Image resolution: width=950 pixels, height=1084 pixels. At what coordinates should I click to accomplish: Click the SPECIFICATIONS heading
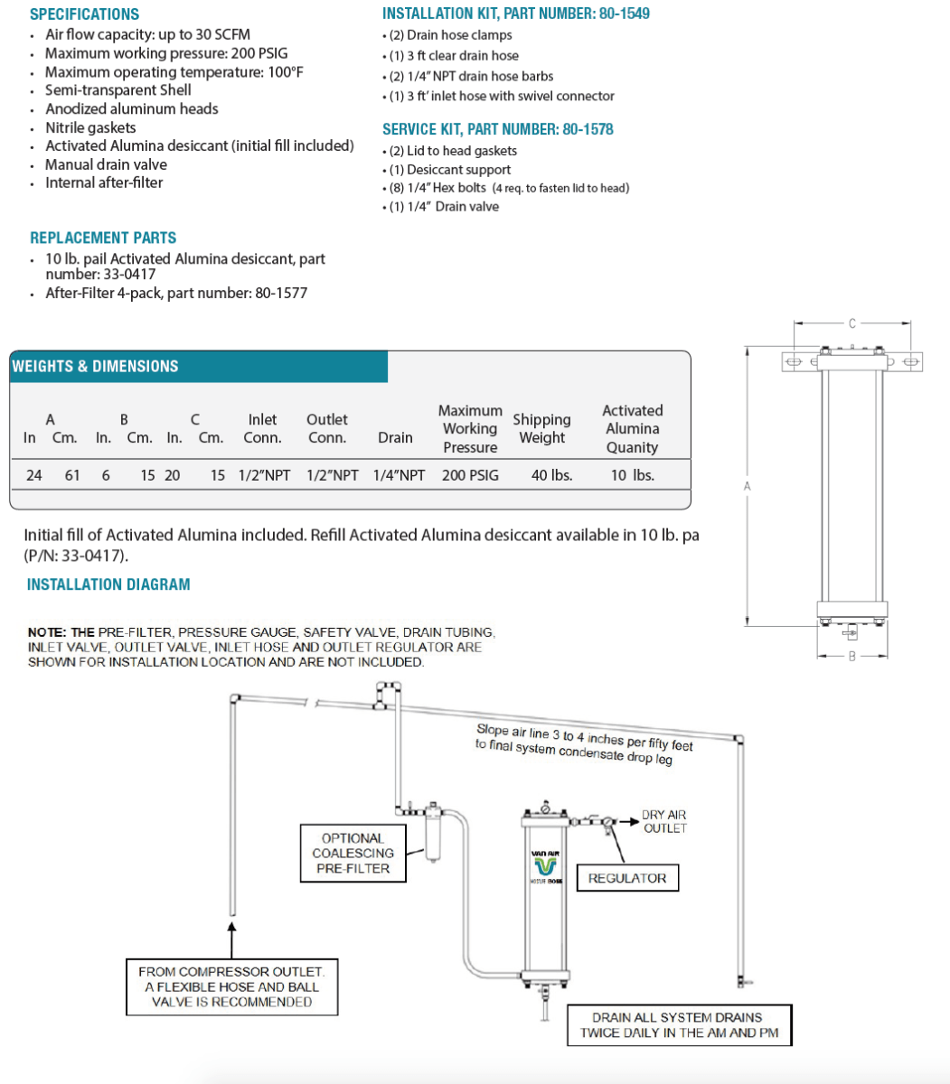click(84, 14)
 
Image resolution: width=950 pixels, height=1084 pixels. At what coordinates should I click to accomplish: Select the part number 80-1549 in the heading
click(624, 14)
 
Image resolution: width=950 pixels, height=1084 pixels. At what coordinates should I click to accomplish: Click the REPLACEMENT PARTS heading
click(103, 238)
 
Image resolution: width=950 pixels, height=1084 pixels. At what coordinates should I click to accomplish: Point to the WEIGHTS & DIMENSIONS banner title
click(95, 366)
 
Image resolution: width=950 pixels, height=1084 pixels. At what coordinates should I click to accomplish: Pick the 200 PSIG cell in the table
click(470, 475)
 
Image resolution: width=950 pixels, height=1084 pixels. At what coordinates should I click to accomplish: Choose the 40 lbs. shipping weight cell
click(551, 475)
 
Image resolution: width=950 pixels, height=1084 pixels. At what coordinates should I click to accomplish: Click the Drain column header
click(395, 437)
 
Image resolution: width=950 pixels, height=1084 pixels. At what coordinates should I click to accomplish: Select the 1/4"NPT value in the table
click(399, 475)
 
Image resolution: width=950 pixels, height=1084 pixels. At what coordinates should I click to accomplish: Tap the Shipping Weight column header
click(541, 429)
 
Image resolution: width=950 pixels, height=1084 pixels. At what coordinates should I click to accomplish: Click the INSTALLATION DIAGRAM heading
click(108, 584)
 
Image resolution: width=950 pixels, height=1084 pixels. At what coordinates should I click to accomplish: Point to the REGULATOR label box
click(627, 878)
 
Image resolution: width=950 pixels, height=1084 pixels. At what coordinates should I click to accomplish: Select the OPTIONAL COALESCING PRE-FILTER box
click(353, 853)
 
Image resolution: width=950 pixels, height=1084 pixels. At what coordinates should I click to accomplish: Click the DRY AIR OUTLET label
click(664, 821)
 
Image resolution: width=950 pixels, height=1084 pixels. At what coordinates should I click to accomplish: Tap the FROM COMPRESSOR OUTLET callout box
click(231, 986)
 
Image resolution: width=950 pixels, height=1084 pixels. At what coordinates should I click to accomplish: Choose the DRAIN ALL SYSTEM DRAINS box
click(679, 1025)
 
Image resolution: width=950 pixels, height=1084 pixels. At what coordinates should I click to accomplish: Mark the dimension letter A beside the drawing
click(747, 487)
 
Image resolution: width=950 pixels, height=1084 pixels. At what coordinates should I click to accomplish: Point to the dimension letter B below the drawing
click(851, 657)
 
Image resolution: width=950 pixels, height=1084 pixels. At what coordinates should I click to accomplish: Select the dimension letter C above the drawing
click(851, 321)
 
